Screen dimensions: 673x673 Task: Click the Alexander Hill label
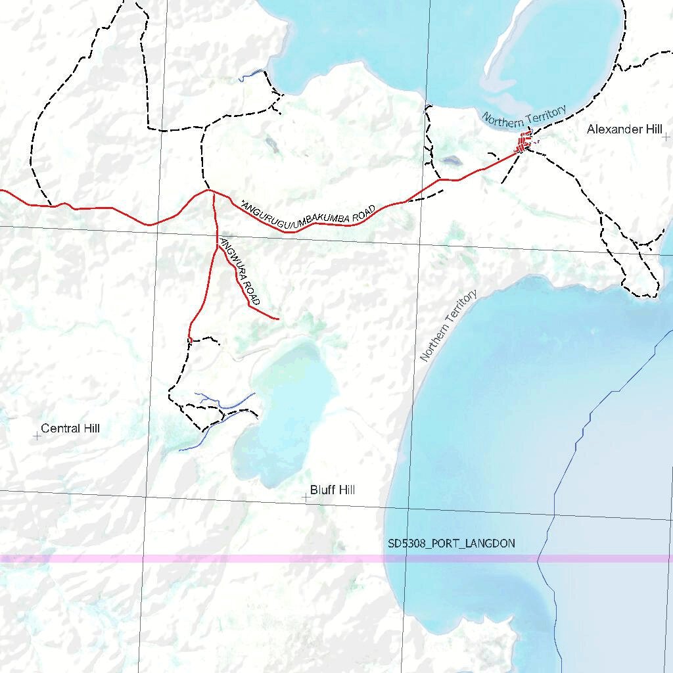(x=624, y=129)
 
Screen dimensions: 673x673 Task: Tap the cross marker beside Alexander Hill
(x=666, y=137)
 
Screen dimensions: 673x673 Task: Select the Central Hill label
(x=70, y=429)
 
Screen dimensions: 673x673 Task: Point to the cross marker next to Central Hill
(x=37, y=435)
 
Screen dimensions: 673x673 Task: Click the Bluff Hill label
(x=333, y=490)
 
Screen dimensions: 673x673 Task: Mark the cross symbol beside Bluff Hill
(x=306, y=498)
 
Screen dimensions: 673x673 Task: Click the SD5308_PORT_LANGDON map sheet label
(x=451, y=544)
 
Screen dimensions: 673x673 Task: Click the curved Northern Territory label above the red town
(x=524, y=116)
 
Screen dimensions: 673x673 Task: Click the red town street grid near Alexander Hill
(x=524, y=142)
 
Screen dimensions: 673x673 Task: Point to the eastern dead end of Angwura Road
(x=279, y=319)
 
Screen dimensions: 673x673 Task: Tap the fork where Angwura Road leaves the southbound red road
(x=218, y=246)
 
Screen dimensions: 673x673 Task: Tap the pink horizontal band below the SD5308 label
(x=263, y=559)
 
